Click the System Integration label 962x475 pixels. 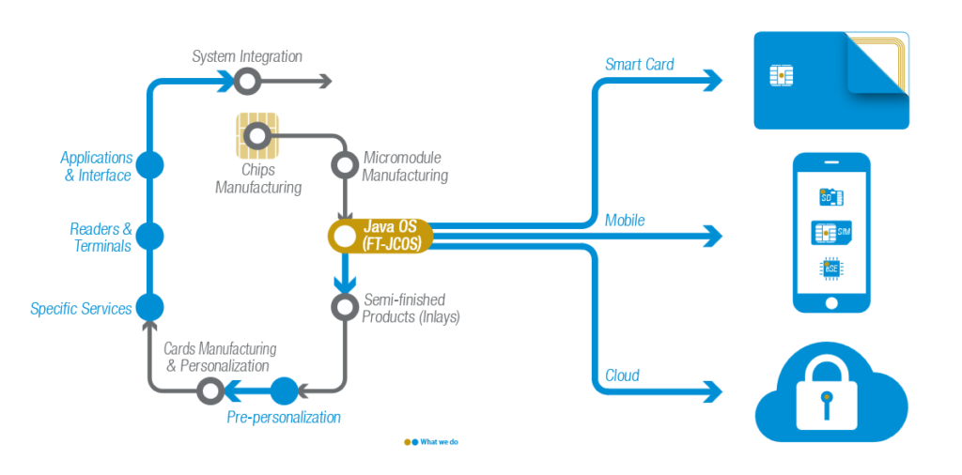[x=247, y=57]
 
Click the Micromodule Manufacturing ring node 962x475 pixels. [x=345, y=164]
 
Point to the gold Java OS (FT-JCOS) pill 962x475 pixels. [x=380, y=236]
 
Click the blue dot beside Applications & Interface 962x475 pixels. [x=149, y=165]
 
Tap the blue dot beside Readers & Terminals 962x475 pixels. [x=149, y=236]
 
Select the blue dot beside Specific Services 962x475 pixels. [x=149, y=306]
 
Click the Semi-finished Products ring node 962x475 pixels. [x=345, y=306]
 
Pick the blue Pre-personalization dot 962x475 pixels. [x=284, y=391]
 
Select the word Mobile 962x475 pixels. [x=625, y=220]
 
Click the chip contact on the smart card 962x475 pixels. [x=782, y=75]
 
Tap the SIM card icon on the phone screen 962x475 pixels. [x=831, y=233]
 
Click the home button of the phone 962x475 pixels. [x=831, y=303]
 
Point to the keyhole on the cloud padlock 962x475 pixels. [x=827, y=404]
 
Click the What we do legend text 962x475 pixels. [x=439, y=441]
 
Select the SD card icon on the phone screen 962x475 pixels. [x=831, y=197]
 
